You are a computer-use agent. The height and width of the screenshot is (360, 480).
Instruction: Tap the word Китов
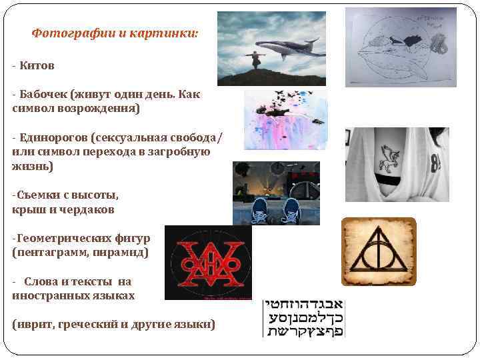pyautogui.click(x=37, y=65)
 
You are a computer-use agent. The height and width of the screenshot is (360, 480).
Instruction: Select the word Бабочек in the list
pyautogui.click(x=43, y=94)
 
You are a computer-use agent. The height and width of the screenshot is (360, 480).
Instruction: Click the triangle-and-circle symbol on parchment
pyautogui.click(x=379, y=251)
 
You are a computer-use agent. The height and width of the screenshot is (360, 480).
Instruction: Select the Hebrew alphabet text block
pyautogui.click(x=304, y=318)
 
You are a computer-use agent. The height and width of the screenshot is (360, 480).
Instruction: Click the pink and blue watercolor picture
pyautogui.click(x=285, y=120)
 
